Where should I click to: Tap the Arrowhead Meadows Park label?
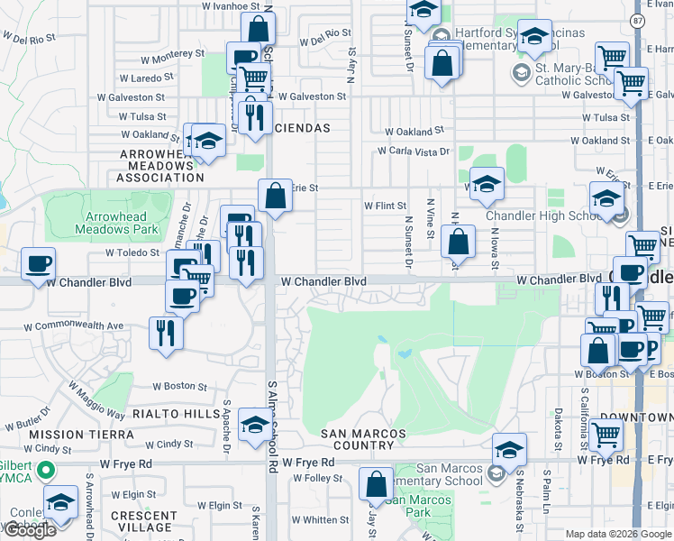[122, 223]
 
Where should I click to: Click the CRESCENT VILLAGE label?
[141, 521]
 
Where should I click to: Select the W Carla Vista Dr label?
[413, 151]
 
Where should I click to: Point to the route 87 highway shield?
[638, 20]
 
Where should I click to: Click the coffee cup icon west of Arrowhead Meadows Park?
[38, 264]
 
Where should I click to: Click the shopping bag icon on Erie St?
[275, 195]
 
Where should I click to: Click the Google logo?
[31, 529]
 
